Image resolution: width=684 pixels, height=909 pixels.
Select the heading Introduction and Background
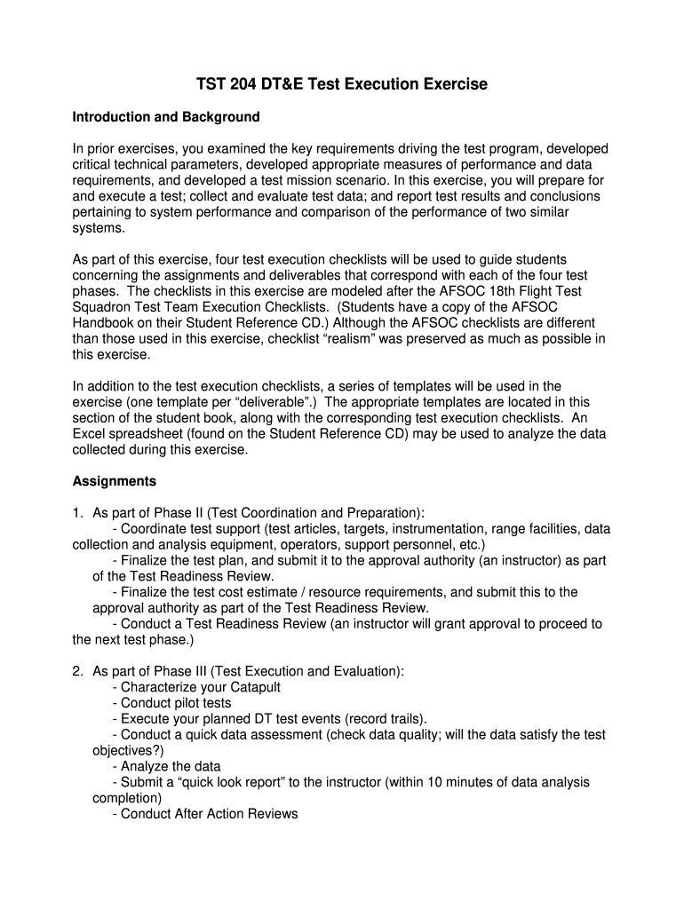click(x=166, y=117)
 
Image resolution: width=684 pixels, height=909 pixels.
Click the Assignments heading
click(x=114, y=481)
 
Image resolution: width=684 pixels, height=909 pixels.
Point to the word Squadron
click(x=102, y=306)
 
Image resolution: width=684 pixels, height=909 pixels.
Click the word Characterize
click(x=163, y=687)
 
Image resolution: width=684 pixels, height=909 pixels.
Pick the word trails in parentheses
click(x=404, y=719)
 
